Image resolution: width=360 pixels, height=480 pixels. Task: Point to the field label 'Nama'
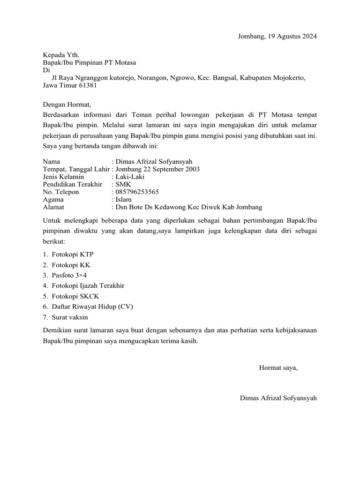click(51, 162)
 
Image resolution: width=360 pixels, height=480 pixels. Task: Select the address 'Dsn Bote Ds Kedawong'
click(150, 207)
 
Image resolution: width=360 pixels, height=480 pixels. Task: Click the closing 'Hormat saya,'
click(278, 368)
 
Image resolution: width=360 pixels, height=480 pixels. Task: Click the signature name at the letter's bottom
click(278, 398)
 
